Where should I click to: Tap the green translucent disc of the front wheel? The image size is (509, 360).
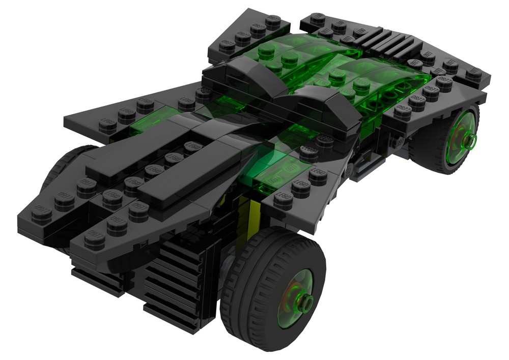point(298,306)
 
